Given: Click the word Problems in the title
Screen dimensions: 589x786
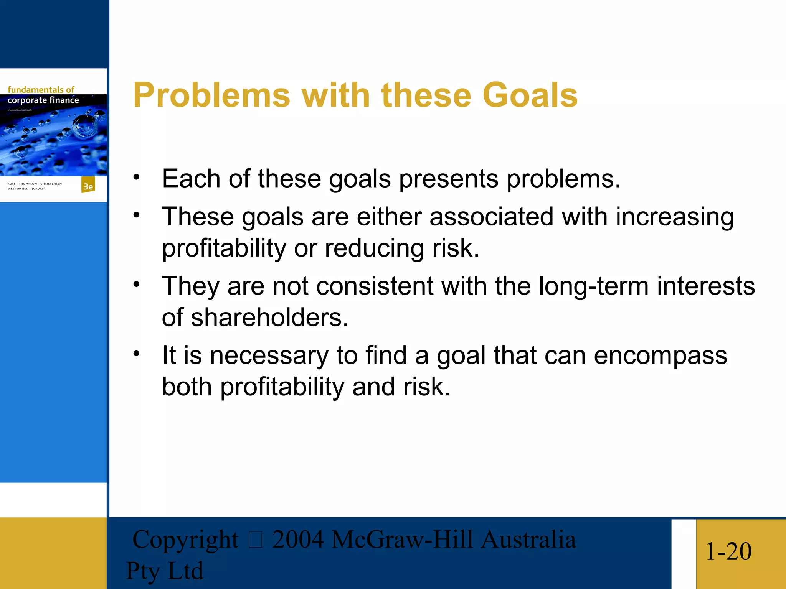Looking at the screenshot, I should [211, 96].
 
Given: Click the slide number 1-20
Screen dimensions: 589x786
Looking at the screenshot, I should [728, 552].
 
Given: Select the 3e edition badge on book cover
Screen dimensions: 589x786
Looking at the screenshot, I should [88, 186].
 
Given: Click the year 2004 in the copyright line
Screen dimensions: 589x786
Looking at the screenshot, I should [298, 540].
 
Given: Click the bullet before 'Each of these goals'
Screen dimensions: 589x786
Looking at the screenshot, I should [136, 177].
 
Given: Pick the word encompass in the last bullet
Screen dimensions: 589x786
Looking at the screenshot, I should [660, 355].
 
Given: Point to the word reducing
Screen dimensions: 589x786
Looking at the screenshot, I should [374, 248].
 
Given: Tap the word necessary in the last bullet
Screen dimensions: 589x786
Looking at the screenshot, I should [269, 356].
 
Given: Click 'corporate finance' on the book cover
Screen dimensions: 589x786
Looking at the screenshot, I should [43, 100].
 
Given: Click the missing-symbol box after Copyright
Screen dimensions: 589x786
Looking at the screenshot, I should [255, 540].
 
